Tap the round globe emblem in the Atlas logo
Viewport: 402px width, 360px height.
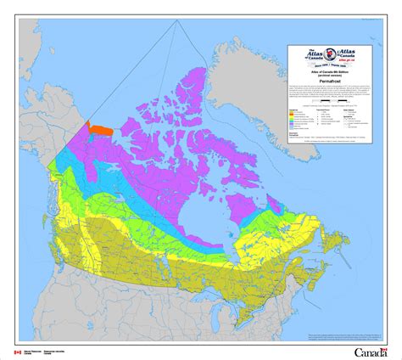[334, 54]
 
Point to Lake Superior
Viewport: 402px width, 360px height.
[222, 281]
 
